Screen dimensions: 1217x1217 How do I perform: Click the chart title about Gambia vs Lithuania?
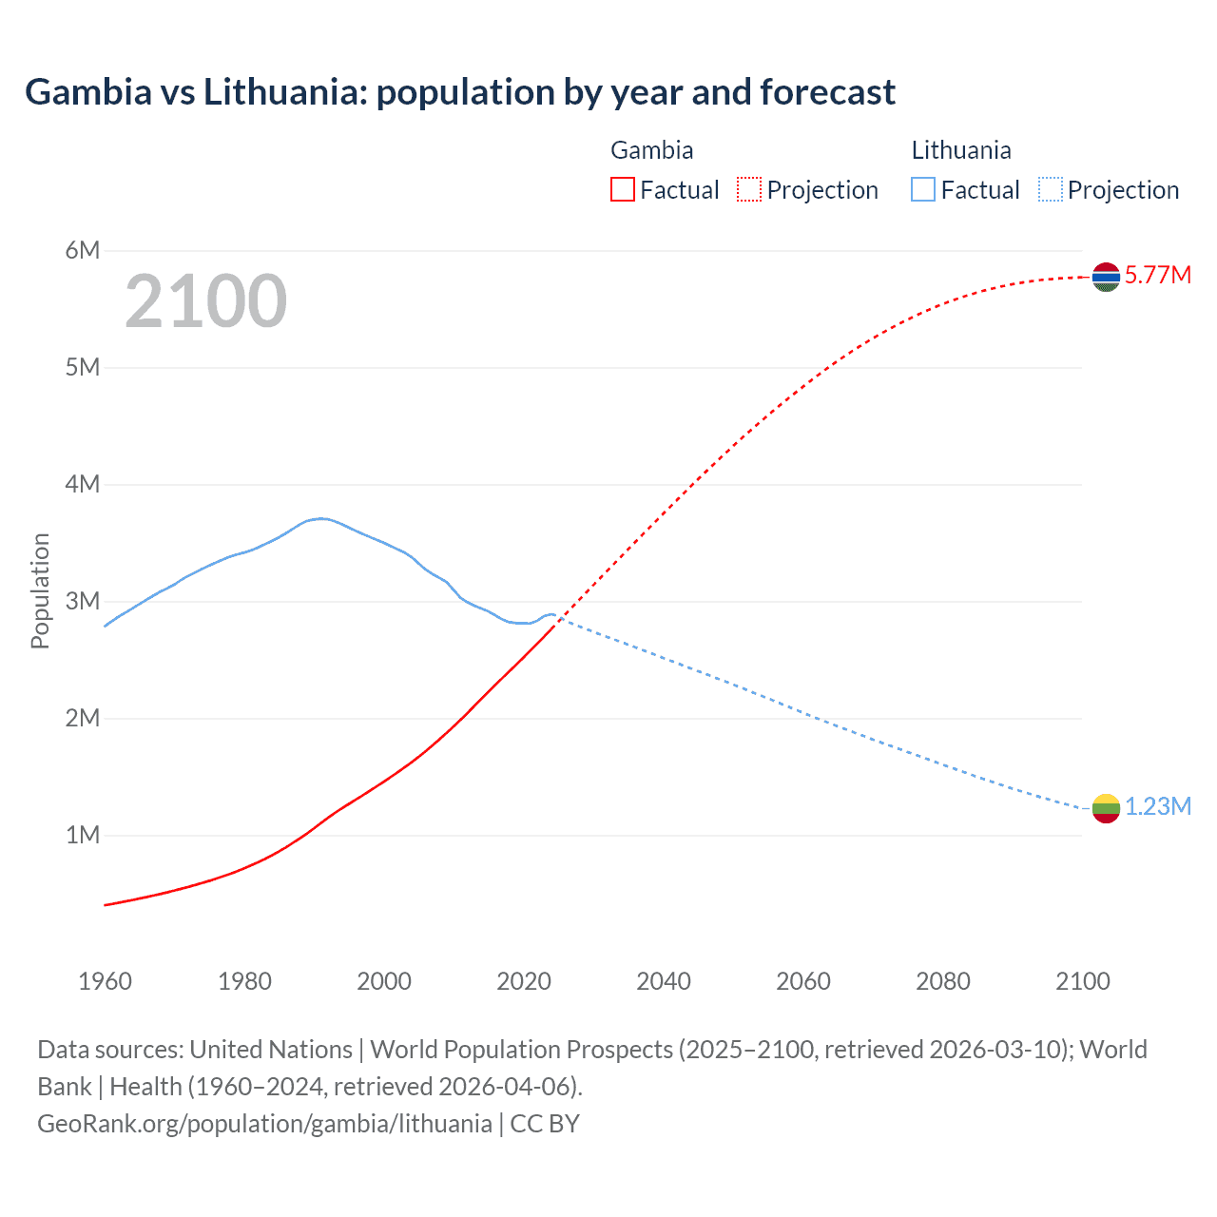tap(460, 92)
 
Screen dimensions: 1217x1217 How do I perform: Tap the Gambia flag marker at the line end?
tap(1106, 277)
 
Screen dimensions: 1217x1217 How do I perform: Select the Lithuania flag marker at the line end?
tap(1106, 808)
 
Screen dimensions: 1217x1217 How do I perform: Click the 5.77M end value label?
tap(1157, 276)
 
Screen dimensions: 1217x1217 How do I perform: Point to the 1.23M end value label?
tap(1157, 807)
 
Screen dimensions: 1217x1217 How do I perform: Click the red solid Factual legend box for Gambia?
tap(623, 190)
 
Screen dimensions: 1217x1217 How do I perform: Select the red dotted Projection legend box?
tap(749, 190)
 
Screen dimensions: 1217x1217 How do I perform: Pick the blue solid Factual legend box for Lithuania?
tap(923, 190)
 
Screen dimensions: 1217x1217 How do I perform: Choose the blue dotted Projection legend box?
tap(1050, 190)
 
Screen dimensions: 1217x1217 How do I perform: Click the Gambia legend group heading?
tap(651, 150)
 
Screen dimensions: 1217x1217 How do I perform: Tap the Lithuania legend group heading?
tap(960, 150)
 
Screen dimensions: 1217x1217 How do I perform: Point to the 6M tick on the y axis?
tap(83, 250)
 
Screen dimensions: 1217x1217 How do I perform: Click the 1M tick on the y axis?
tap(83, 835)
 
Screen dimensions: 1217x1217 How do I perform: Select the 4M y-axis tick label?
tap(83, 484)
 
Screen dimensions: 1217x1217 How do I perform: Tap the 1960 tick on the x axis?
tap(105, 981)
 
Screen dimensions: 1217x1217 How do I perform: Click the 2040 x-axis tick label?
tap(664, 981)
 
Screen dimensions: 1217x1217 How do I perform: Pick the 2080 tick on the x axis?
tap(943, 981)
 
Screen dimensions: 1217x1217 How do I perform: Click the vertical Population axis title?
tap(40, 590)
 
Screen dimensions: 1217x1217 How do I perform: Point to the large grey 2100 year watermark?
tap(205, 301)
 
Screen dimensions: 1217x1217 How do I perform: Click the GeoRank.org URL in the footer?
tap(264, 1124)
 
